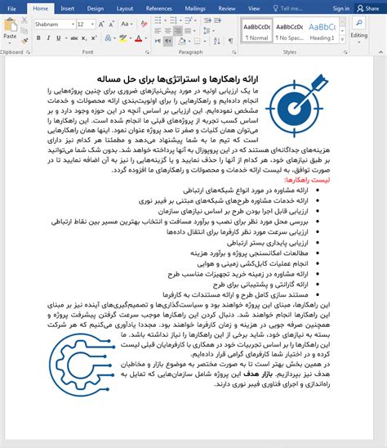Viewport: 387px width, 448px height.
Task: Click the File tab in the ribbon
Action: (x=11, y=8)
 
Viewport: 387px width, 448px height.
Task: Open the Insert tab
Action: (x=67, y=8)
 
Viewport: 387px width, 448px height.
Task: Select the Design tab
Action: (x=95, y=8)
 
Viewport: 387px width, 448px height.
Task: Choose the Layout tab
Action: (x=124, y=8)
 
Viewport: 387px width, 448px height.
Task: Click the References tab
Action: (x=158, y=8)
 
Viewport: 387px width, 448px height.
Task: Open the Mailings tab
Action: (x=195, y=8)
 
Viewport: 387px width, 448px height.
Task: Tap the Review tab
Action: (x=228, y=8)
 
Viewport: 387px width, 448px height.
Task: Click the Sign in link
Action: (x=340, y=8)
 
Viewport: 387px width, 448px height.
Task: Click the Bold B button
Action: (x=38, y=38)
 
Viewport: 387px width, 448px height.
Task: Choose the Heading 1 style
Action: (x=322, y=31)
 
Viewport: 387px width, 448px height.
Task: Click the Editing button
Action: (x=359, y=31)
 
